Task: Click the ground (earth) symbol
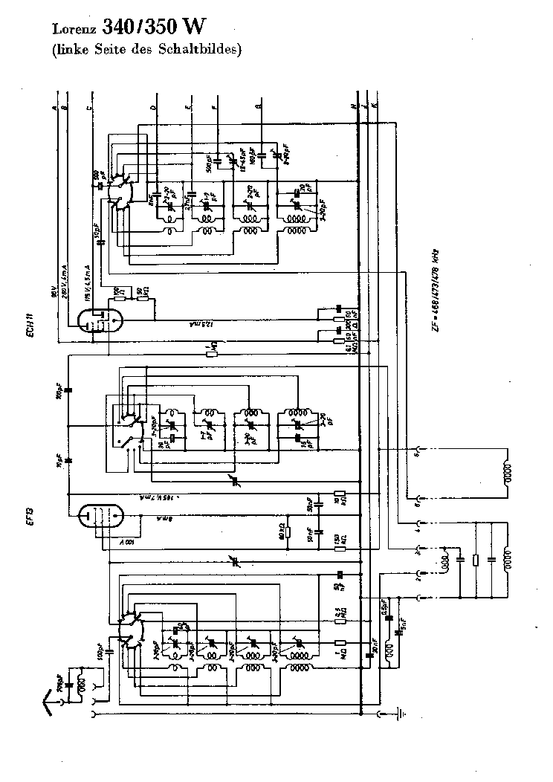point(402,714)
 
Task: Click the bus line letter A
point(55,108)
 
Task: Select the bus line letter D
point(154,108)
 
